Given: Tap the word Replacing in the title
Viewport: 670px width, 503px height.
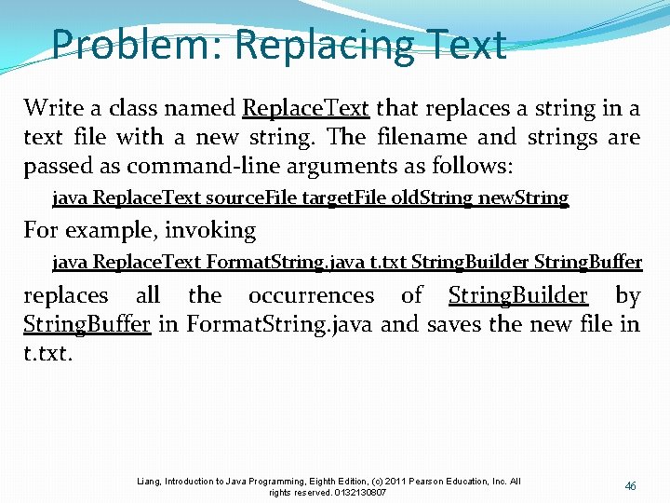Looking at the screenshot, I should click(x=312, y=45).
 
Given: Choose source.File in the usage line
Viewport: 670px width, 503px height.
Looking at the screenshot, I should click(x=248, y=198).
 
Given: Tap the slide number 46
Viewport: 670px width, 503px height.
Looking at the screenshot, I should click(x=631, y=486).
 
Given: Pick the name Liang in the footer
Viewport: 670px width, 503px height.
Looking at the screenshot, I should click(x=149, y=482).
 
